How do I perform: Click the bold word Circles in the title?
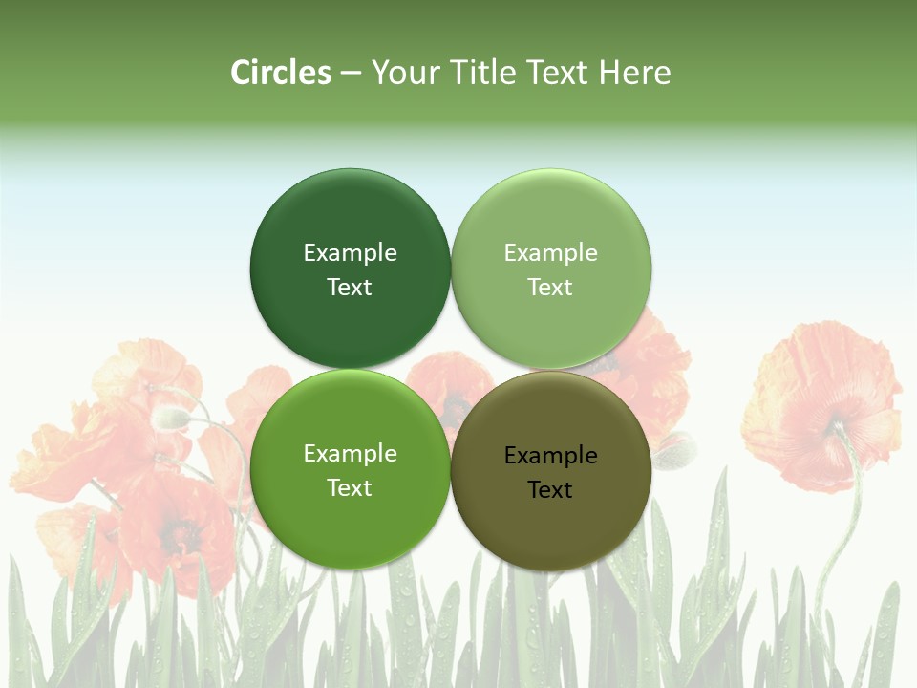pyautogui.click(x=281, y=73)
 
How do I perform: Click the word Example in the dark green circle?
pyautogui.click(x=350, y=252)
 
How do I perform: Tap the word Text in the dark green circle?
pyautogui.click(x=350, y=287)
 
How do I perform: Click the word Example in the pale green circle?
pyautogui.click(x=551, y=252)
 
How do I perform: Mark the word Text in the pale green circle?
pyautogui.click(x=551, y=287)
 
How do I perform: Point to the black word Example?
pyautogui.click(x=551, y=455)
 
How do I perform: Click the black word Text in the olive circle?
pyautogui.click(x=551, y=489)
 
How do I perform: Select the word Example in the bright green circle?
pyautogui.click(x=350, y=453)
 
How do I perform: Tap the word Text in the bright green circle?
pyautogui.click(x=350, y=487)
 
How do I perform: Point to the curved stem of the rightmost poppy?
pyautogui.click(x=846, y=516)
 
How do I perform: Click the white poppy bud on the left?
pyautogui.click(x=172, y=417)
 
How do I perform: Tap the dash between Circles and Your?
pyautogui.click(x=351, y=74)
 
